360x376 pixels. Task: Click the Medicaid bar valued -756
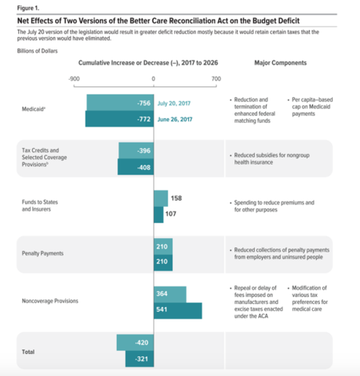tap(120, 103)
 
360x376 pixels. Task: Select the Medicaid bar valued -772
tap(119, 118)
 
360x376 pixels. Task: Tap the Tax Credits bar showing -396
tap(136, 150)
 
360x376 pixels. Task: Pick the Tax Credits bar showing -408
tap(136, 166)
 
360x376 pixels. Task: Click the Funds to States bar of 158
tap(161, 198)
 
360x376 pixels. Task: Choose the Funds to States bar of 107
tap(158, 214)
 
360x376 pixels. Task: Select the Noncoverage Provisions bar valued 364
tap(170, 294)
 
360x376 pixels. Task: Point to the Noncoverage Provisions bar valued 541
tap(178, 310)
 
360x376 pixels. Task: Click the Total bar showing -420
tap(135, 342)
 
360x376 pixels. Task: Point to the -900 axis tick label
tap(74, 79)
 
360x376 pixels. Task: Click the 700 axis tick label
tap(216, 79)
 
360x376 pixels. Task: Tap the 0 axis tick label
tap(154, 79)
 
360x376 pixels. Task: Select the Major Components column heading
tap(281, 61)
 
